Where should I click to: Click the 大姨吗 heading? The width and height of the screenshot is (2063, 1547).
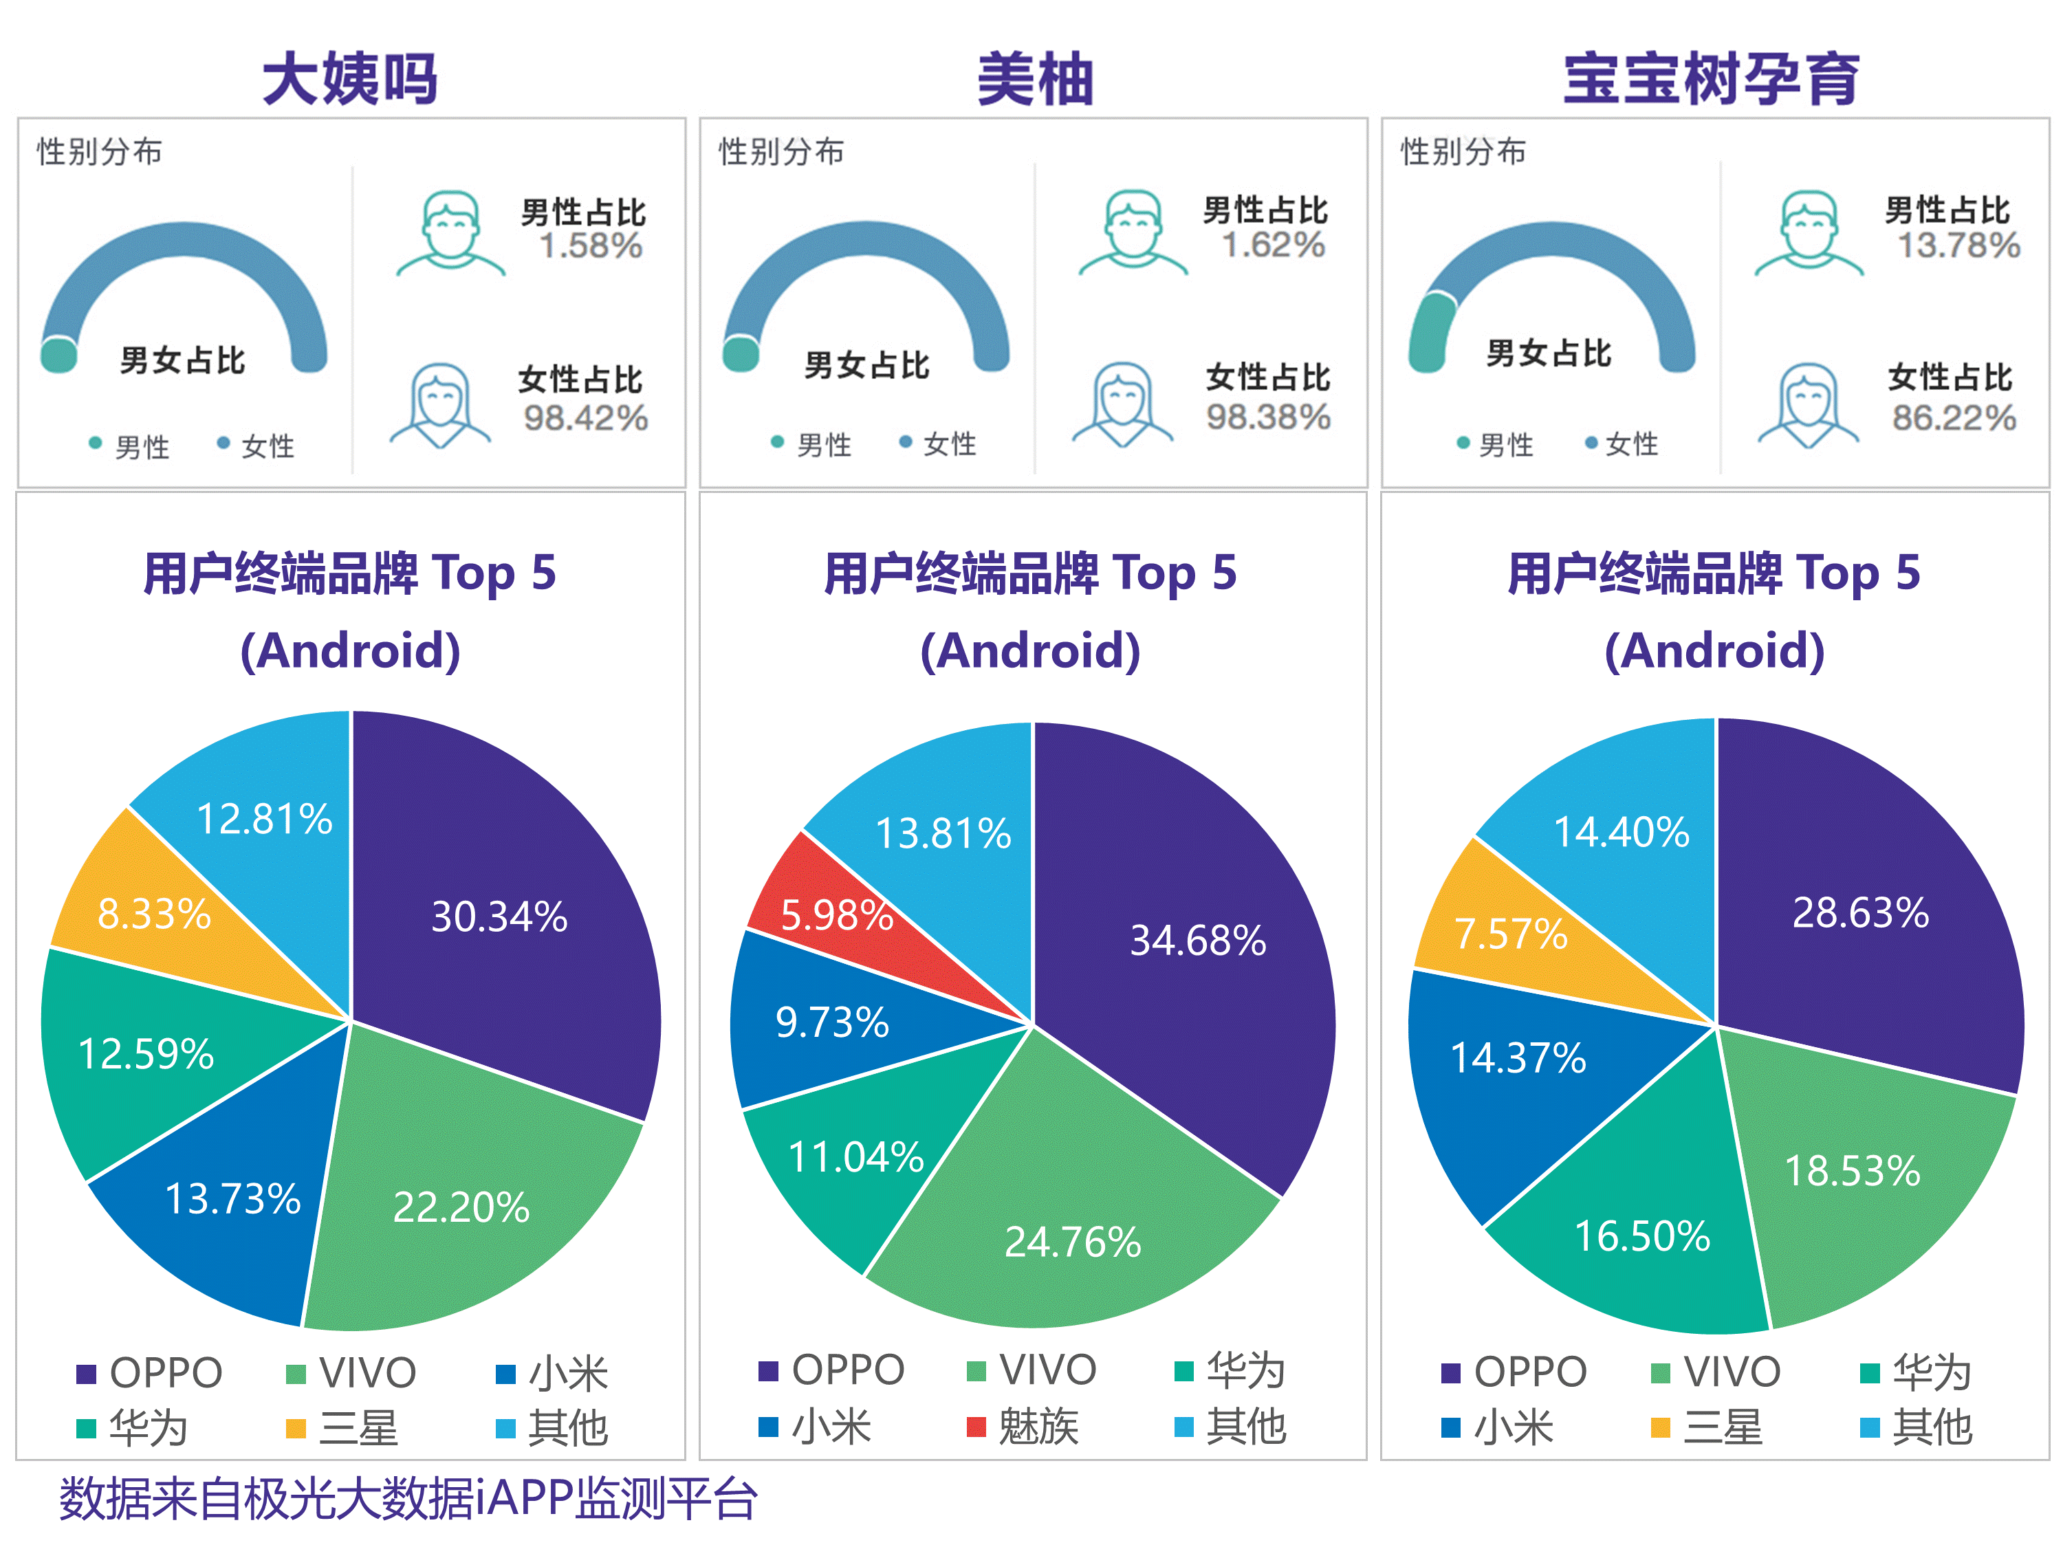point(350,78)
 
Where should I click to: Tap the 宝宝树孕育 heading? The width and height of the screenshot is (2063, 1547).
point(1712,78)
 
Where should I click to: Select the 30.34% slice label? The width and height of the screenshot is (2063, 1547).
point(499,917)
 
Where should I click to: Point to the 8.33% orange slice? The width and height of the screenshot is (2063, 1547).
point(154,913)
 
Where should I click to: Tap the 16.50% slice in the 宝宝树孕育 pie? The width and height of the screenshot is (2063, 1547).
point(1642,1236)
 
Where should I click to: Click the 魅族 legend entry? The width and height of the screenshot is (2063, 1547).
point(1024,1427)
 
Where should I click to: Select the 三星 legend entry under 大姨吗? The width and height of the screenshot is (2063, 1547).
point(343,1427)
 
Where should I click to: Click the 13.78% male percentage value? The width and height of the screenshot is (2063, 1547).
point(1958,245)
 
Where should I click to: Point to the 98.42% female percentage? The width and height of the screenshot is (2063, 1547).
point(586,418)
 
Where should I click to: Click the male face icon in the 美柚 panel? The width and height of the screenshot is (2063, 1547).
point(1133,232)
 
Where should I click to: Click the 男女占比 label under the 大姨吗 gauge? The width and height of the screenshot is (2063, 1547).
point(183,360)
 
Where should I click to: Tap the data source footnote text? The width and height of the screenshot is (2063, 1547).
point(408,1498)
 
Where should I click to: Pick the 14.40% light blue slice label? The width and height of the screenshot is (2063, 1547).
point(1621,832)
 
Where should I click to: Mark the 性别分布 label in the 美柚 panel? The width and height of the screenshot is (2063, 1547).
point(782,151)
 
